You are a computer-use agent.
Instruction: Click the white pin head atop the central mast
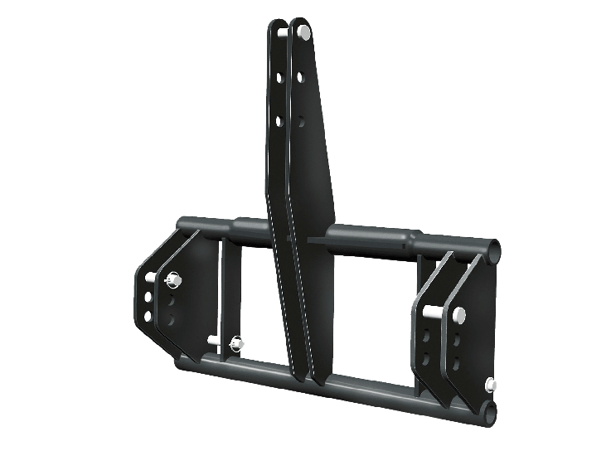coord(304,32)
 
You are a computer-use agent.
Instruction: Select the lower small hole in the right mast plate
coord(301,122)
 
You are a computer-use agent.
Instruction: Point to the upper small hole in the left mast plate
coord(279,77)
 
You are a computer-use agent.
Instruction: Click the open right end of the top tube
coord(493,248)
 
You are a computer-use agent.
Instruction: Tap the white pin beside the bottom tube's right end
coord(492,384)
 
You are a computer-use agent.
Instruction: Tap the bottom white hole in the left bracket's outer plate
coord(148,316)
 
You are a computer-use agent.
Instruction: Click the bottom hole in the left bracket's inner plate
coord(172,318)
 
